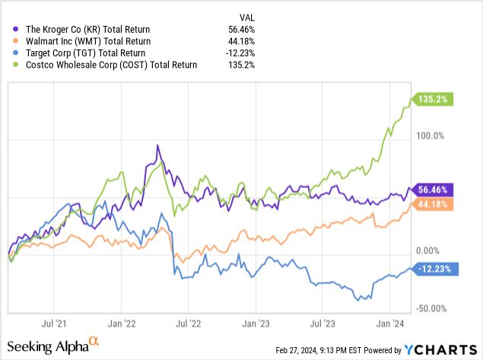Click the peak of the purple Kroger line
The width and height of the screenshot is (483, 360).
[157, 145]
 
